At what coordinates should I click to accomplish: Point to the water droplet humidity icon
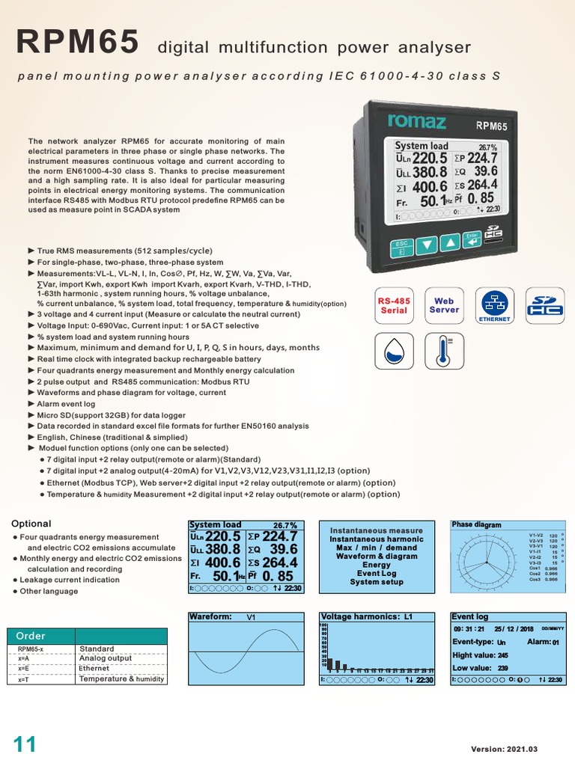click(394, 349)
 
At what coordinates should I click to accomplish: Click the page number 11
click(24, 745)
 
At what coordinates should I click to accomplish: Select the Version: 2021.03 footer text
click(504, 749)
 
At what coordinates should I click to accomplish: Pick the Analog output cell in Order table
click(105, 658)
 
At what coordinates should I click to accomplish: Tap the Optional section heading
click(31, 524)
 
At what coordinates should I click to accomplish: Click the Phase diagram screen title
click(476, 525)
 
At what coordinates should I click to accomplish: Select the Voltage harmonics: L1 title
click(366, 617)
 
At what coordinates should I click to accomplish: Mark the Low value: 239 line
click(481, 668)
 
